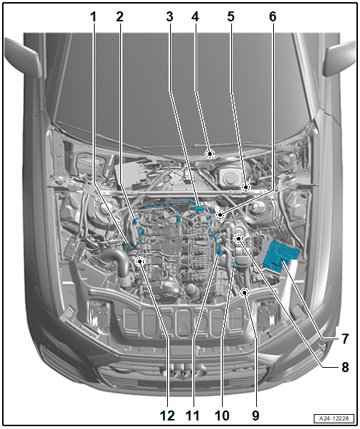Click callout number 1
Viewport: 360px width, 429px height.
[93, 17]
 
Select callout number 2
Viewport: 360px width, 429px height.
[120, 17]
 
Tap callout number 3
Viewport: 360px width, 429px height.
[169, 17]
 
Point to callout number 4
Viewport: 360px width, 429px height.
[195, 17]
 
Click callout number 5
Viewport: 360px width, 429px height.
[231, 17]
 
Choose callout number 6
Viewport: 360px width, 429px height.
[272, 17]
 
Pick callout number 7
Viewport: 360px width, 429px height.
[345, 339]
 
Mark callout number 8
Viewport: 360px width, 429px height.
[345, 367]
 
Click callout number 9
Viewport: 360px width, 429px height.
[255, 415]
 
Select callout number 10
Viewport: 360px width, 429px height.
[222, 415]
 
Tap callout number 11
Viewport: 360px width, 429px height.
[193, 415]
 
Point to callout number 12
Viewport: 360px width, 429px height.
[167, 415]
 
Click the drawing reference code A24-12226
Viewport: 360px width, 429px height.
[334, 418]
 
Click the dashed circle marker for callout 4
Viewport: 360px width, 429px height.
[210, 154]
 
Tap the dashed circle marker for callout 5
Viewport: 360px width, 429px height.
[246, 187]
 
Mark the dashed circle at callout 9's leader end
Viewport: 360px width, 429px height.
[244, 294]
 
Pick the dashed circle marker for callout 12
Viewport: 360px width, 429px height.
[139, 262]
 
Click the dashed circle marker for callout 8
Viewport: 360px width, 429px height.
[238, 239]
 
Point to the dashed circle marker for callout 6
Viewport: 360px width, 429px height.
[220, 215]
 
